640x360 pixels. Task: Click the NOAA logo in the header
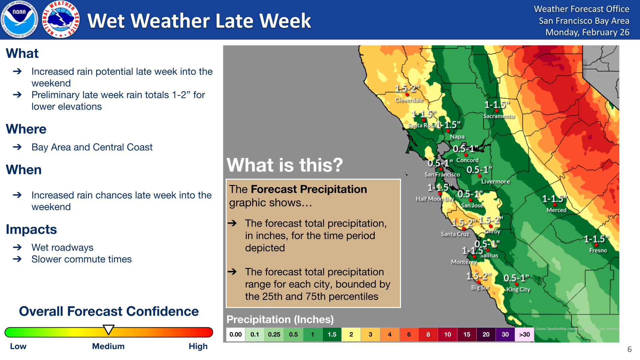coord(19,19)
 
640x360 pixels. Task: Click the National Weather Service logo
coord(61,19)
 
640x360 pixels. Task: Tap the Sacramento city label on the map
coord(499,116)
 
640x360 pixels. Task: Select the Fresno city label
coord(598,250)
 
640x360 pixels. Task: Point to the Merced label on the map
coord(556,210)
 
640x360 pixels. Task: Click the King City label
coord(518,289)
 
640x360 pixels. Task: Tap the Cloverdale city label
coord(409,100)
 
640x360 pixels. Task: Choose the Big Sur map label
coord(480,287)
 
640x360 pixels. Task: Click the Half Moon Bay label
coord(434,199)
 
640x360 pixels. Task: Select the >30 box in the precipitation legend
coord(524,334)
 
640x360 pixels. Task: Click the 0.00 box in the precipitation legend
coord(236,334)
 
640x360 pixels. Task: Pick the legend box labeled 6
coord(409,334)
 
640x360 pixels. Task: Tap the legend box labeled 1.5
coord(332,334)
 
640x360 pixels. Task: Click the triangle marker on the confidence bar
coord(108,329)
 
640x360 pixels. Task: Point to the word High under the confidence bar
coord(198,346)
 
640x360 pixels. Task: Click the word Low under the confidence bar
coord(18,346)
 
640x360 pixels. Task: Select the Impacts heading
coord(31,229)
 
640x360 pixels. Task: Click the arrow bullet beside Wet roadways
coord(17,247)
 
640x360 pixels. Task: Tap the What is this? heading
coord(284,165)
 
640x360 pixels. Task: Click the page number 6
coord(629,349)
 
